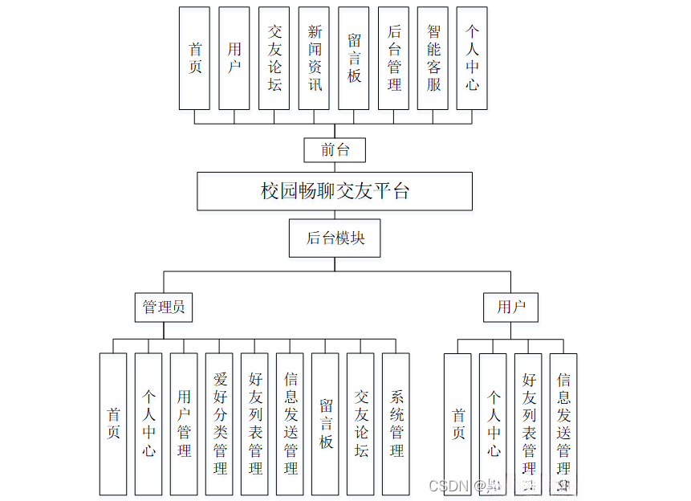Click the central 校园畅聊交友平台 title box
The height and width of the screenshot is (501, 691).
point(335,191)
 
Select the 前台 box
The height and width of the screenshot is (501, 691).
point(335,149)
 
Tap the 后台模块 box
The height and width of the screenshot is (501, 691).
point(335,238)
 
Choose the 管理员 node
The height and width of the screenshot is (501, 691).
point(164,307)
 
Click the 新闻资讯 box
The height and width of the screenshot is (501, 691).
point(314,58)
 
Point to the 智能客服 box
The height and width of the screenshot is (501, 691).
point(433,58)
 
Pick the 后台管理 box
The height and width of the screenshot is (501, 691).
point(393,58)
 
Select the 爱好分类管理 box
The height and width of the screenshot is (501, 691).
point(219,423)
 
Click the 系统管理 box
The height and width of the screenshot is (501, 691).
point(396,423)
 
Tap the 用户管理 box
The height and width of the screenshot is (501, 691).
point(184,423)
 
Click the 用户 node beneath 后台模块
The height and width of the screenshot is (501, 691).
point(511,307)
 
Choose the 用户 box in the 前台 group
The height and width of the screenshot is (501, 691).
point(234,58)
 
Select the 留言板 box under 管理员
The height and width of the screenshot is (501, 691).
point(326,423)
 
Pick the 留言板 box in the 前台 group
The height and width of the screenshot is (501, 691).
point(354,58)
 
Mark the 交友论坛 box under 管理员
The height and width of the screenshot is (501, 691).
point(361,423)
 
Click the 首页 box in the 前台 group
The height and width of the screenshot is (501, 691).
point(194,58)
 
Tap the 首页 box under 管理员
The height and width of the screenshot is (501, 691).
point(113,423)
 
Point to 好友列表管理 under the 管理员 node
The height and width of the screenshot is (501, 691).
point(254,423)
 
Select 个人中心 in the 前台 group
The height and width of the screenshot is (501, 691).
point(472,58)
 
